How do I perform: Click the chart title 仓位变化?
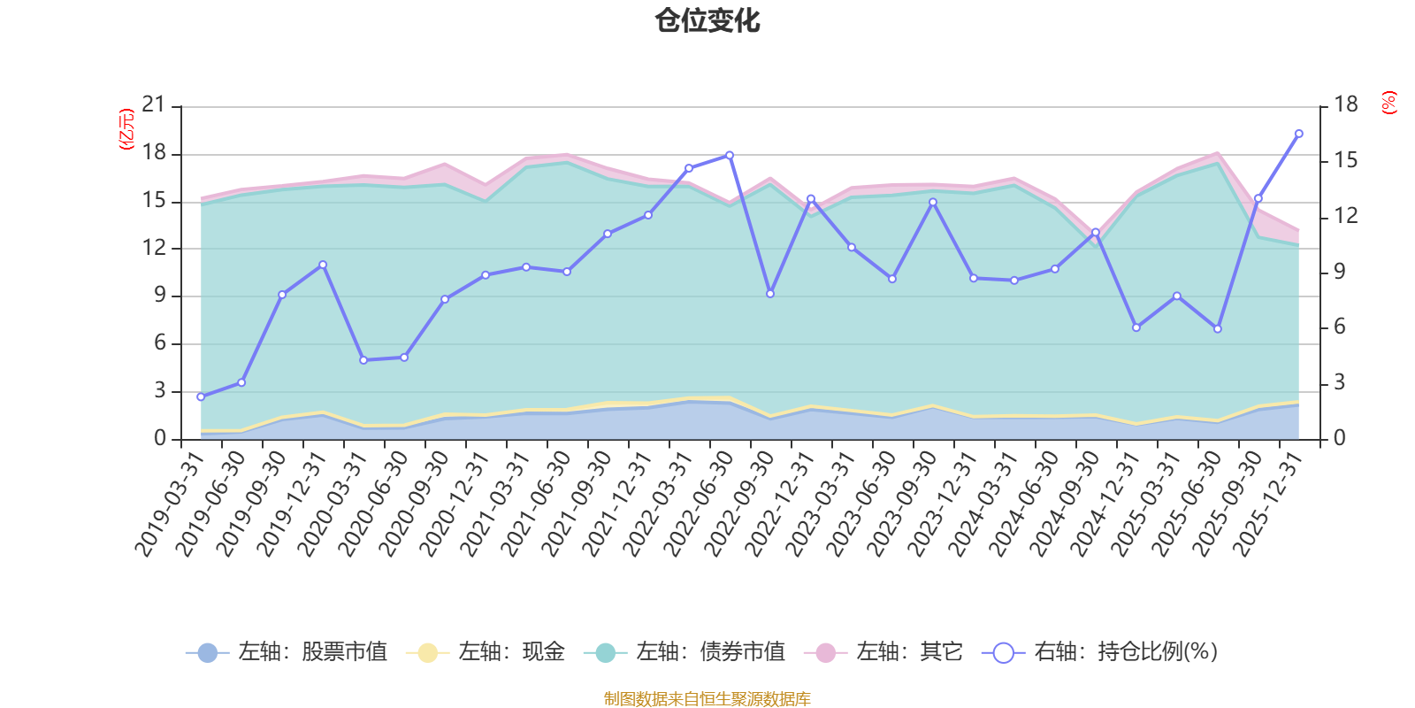tap(707, 20)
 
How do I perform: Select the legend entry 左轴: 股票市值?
tap(287, 653)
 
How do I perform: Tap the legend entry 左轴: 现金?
tap(486, 653)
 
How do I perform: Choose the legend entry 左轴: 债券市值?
tap(685, 653)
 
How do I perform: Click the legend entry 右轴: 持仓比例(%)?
tap(1100, 653)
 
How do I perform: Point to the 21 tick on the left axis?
tap(154, 105)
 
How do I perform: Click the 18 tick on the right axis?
tap(1345, 105)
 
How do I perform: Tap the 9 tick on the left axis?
tap(160, 296)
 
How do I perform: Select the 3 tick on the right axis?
tap(1339, 382)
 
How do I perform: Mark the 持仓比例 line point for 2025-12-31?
tap(1298, 134)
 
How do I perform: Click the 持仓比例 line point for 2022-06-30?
tap(730, 155)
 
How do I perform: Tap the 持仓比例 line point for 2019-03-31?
tap(201, 396)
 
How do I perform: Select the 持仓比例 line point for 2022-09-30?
tap(770, 293)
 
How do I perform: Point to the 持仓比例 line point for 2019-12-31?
tap(323, 265)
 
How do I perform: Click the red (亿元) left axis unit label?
tap(126, 129)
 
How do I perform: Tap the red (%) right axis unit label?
tap(1388, 103)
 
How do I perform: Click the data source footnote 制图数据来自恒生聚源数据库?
tap(707, 699)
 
